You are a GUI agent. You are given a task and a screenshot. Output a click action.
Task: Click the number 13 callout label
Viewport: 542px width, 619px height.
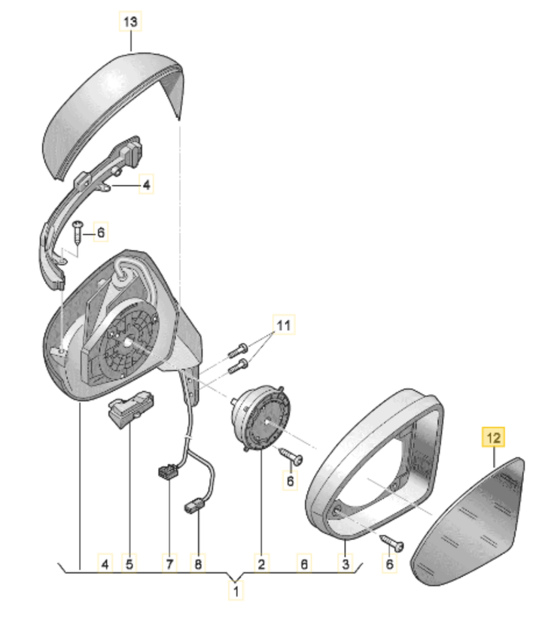(x=130, y=21)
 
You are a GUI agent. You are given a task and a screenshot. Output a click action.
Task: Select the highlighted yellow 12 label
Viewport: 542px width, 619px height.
(x=493, y=437)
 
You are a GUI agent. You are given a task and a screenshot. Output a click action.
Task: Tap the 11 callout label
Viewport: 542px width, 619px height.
(x=284, y=325)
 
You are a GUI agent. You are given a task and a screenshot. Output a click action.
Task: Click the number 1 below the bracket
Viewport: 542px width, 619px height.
(x=236, y=591)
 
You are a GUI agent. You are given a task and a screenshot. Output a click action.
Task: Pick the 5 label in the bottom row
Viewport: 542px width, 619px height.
(x=129, y=564)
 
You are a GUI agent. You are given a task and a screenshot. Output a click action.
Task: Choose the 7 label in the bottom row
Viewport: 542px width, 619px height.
(x=170, y=564)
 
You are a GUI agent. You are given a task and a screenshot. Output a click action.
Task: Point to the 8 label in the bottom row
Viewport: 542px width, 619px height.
(x=198, y=564)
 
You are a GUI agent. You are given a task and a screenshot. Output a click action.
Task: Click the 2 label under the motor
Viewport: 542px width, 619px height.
(x=261, y=564)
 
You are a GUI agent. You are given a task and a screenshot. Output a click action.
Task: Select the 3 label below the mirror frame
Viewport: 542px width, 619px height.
(x=346, y=564)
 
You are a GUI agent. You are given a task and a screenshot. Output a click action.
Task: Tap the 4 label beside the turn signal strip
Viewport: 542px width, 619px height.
(x=146, y=184)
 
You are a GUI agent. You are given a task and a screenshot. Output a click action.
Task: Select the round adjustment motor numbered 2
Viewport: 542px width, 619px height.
(x=260, y=418)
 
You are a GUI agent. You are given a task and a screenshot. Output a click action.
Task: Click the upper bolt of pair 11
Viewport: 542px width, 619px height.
(x=238, y=350)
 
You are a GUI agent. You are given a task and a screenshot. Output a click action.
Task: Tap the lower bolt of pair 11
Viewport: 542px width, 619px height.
(x=238, y=366)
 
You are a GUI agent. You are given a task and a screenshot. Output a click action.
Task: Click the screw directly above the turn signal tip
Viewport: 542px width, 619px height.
(x=78, y=233)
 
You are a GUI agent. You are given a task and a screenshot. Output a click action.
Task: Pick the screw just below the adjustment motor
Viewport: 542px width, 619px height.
(x=291, y=456)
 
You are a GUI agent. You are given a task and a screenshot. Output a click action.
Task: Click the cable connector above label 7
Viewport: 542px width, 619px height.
(x=169, y=472)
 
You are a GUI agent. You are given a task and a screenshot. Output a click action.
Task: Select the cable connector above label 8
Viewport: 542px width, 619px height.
(x=194, y=506)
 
